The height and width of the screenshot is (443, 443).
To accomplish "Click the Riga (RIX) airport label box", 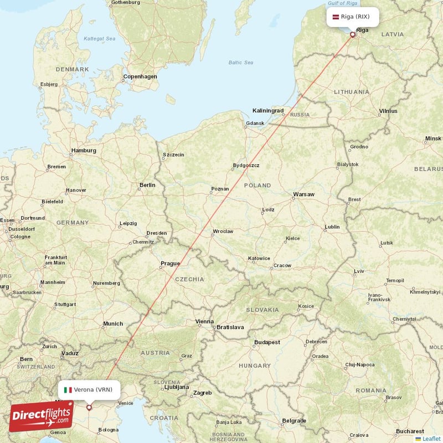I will tap(353, 17).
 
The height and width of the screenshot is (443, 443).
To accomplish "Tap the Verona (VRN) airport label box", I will tap(89, 389).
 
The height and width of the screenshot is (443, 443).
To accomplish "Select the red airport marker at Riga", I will tap(353, 34).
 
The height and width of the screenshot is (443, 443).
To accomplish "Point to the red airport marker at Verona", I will tap(89, 407).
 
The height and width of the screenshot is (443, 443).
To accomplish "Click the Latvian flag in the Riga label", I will tap(335, 17).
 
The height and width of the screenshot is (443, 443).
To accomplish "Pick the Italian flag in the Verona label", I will tap(68, 390).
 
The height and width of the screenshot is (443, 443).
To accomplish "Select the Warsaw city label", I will tap(303, 194).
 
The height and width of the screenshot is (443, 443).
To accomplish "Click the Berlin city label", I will tap(147, 185).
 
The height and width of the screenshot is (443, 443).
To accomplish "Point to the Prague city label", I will tap(170, 263).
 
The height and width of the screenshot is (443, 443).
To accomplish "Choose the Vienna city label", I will tap(204, 321).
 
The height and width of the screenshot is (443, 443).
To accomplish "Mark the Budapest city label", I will tap(266, 343).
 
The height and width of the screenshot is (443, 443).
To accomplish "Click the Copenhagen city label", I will tap(140, 76).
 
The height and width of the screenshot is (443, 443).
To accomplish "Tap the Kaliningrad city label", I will tap(268, 111).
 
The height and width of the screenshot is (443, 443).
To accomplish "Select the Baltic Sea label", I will tap(241, 62).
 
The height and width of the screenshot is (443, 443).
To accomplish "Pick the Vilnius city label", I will tap(388, 111).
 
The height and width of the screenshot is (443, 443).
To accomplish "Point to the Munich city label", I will tap(113, 323).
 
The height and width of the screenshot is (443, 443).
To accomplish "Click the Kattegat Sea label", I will tap(99, 39).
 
